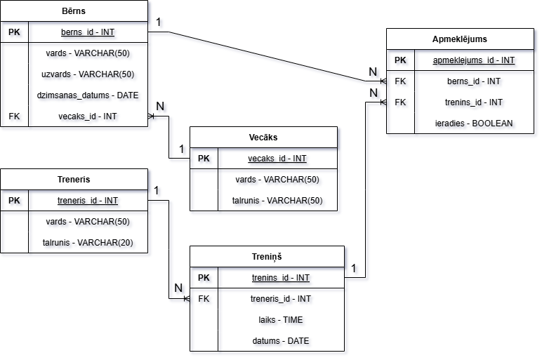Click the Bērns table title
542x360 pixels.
click(x=74, y=11)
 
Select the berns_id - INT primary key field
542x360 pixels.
click(x=88, y=32)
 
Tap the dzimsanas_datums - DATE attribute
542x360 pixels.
click(x=88, y=95)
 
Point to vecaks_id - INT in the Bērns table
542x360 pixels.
click(x=88, y=116)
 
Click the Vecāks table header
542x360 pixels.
click(x=263, y=137)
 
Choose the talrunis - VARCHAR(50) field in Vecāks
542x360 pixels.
click(x=277, y=201)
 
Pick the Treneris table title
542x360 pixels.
click(x=74, y=179)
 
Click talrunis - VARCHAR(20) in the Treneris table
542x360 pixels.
click(x=88, y=243)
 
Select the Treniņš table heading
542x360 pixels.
click(x=267, y=256)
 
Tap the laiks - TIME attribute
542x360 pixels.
click(x=281, y=320)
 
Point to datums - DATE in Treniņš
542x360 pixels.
click(x=281, y=341)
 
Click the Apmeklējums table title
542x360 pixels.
click(x=460, y=39)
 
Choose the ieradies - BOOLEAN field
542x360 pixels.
click(x=474, y=124)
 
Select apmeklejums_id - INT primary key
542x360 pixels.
click(x=474, y=60)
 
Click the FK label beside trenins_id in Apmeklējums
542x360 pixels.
click(x=400, y=102)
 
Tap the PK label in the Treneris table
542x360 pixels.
click(x=14, y=201)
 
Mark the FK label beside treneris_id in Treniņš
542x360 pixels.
click(x=204, y=299)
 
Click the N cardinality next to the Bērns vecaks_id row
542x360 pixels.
click(x=160, y=106)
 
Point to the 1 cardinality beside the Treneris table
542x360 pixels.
click(x=156, y=190)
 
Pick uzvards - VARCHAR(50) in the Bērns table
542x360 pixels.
click(x=88, y=74)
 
